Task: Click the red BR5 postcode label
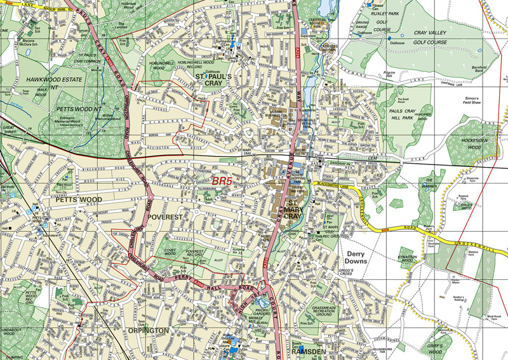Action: click(224, 182)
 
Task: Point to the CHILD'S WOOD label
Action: click(467, 206)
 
